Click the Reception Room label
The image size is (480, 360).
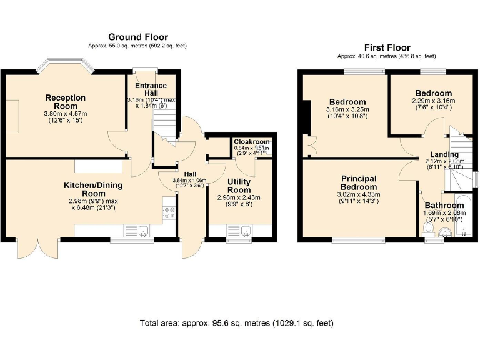[x=66, y=102]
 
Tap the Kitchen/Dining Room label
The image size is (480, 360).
[x=93, y=189]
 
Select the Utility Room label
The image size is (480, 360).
[x=239, y=186]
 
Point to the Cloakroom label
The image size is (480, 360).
[x=252, y=142]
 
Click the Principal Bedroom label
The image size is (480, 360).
[x=359, y=182]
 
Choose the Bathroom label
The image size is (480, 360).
[x=444, y=206]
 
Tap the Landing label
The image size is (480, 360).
[x=444, y=154]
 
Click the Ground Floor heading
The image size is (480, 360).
[x=138, y=37]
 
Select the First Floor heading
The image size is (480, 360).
[x=387, y=47]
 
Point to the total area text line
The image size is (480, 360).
[x=237, y=323]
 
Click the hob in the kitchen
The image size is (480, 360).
[x=169, y=212]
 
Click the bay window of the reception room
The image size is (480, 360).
[x=64, y=64]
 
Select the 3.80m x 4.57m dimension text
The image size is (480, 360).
[x=66, y=114]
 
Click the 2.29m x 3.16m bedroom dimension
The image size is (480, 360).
[x=434, y=101]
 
